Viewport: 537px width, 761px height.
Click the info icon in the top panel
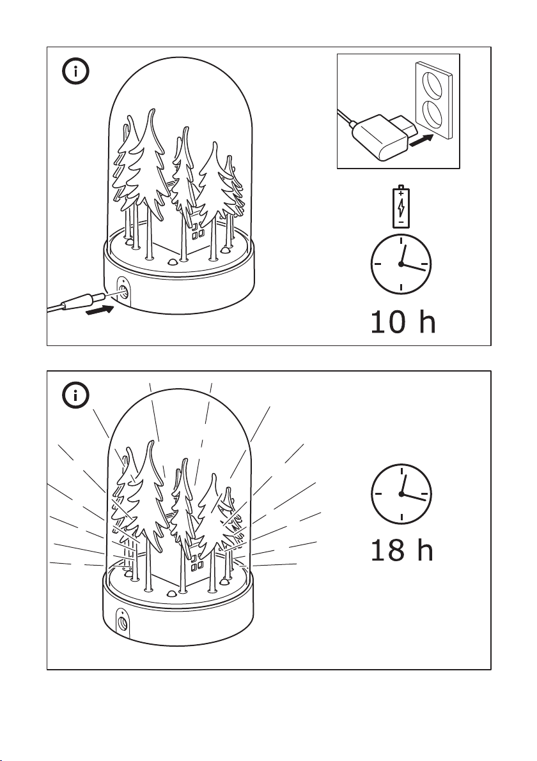pyautogui.click(x=75, y=72)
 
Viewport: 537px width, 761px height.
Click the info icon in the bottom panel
pyautogui.click(x=75, y=395)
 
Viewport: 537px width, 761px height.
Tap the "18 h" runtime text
pyautogui.click(x=401, y=550)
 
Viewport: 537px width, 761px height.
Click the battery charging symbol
pyautogui.click(x=401, y=206)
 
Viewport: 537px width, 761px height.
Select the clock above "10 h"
pyautogui.click(x=401, y=264)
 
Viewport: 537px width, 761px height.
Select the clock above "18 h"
pyautogui.click(x=401, y=494)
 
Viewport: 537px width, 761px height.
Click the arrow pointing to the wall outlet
pyautogui.click(x=421, y=141)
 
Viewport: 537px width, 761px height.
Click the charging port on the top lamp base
pyautogui.click(x=123, y=292)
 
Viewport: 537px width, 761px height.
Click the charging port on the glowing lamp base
pyautogui.click(x=123, y=622)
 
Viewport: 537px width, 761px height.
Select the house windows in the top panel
pyautogui.click(x=198, y=231)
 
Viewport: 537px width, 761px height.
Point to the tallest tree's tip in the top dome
pyautogui.click(x=153, y=110)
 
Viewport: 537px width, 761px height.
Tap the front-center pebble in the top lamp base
pyautogui.click(x=172, y=262)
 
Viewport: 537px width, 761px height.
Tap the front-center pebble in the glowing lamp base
pyautogui.click(x=171, y=594)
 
